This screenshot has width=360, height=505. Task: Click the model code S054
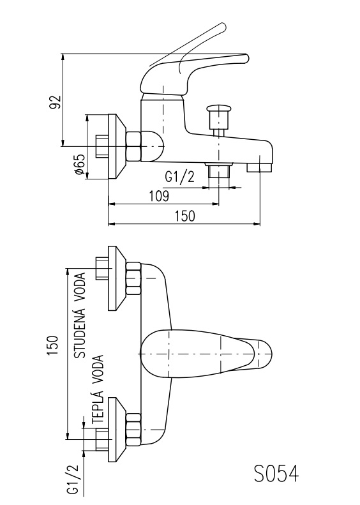[x=276, y=474]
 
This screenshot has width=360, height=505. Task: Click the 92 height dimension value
[x=55, y=102]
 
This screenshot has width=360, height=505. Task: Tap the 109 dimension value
[x=159, y=196]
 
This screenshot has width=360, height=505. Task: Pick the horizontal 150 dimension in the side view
[x=185, y=216]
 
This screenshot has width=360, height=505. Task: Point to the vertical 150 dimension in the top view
[x=52, y=345]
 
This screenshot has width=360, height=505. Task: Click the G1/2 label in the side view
[x=179, y=176]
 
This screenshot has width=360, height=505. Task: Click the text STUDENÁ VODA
[x=80, y=315]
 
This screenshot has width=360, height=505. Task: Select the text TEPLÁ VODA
[x=98, y=389]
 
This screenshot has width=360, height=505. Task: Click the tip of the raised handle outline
[x=223, y=25]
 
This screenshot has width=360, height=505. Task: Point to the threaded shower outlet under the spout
[x=219, y=169]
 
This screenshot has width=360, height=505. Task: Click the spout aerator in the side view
[x=260, y=167]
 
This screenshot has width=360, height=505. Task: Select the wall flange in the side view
[x=116, y=147]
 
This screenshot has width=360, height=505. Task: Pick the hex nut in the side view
[x=133, y=147]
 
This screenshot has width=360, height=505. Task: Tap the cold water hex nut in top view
[x=133, y=278]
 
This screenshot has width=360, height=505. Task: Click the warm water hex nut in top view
[x=133, y=430]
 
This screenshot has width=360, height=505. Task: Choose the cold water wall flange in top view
[x=117, y=278]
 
